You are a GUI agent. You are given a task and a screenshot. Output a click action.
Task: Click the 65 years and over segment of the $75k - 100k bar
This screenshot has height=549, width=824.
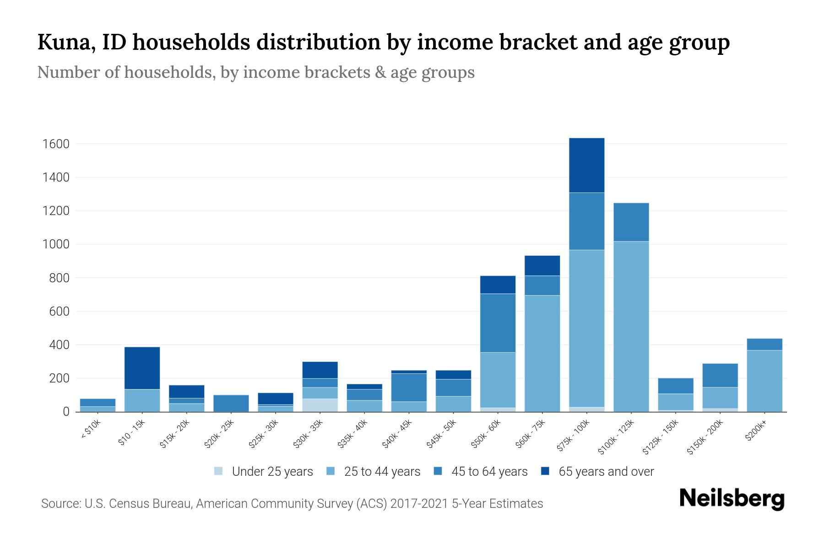click(x=586, y=165)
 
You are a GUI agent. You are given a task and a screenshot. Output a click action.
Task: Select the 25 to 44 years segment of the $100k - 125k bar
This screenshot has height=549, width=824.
click(x=631, y=326)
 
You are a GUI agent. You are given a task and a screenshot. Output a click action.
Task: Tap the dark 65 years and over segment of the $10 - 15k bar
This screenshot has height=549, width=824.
click(x=142, y=368)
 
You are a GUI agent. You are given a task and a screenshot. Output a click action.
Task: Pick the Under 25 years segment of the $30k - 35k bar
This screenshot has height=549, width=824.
click(x=320, y=405)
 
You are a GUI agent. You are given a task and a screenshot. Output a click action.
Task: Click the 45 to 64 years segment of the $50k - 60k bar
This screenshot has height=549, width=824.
click(x=498, y=323)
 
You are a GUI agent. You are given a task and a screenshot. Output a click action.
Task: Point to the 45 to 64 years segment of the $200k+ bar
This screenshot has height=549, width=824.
click(x=764, y=344)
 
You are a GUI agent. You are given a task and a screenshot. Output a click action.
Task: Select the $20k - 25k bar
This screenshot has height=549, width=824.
click(x=231, y=403)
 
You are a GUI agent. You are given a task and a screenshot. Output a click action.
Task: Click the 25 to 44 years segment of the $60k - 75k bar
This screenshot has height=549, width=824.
click(x=542, y=353)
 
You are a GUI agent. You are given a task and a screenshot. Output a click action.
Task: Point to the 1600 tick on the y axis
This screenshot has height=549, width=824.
click(x=56, y=144)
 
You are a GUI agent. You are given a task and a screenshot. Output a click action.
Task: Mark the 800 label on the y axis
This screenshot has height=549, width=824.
click(x=60, y=278)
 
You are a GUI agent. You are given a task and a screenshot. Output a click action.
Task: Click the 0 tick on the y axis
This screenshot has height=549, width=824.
click(x=66, y=412)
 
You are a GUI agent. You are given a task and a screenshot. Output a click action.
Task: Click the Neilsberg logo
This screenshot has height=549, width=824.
click(x=731, y=499)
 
